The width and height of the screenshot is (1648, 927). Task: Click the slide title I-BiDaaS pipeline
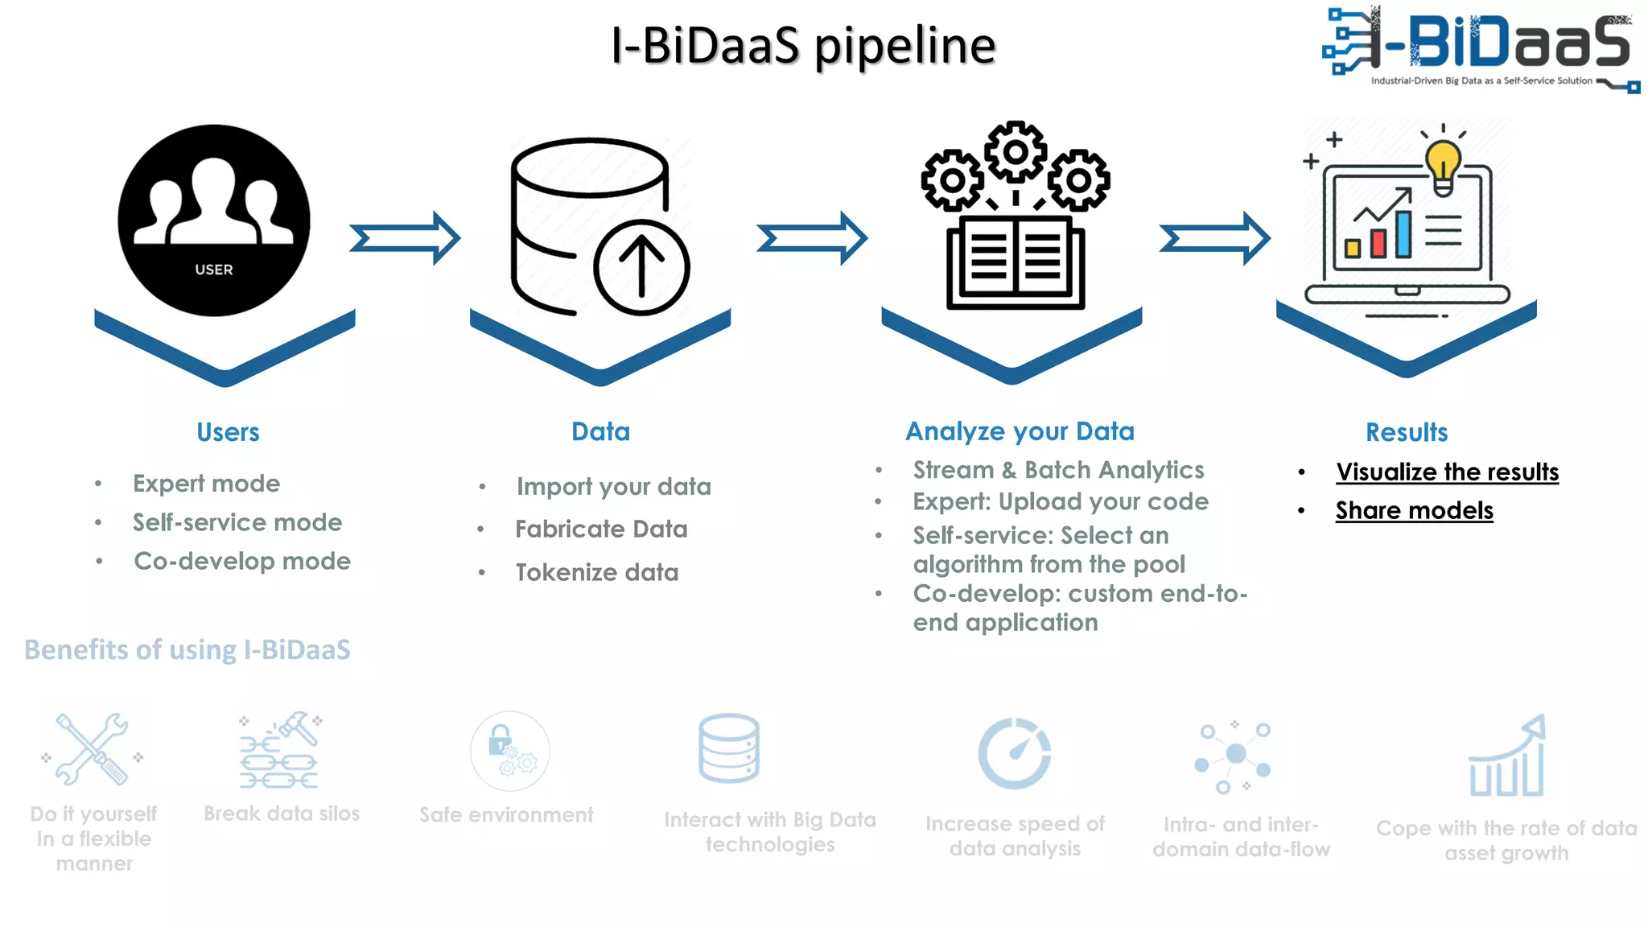coord(803,45)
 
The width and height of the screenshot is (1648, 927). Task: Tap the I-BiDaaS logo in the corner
coord(1479,48)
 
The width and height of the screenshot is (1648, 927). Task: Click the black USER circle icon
coord(214,220)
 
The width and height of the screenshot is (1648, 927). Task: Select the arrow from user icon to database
coord(406,238)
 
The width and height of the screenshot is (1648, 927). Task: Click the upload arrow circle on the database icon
coord(641,267)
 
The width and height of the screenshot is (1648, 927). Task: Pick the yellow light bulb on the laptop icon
coord(1443,165)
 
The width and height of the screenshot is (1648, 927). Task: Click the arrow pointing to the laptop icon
coord(1215,238)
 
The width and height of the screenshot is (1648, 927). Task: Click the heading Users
coord(228,432)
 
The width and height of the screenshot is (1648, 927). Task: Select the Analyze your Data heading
coord(1020,431)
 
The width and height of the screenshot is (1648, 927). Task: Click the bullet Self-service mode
coord(237,522)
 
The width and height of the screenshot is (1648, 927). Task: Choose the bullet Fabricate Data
coord(601,529)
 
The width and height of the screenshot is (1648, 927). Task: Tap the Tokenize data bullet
coord(597,572)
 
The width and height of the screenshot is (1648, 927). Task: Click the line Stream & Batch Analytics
coord(1058,470)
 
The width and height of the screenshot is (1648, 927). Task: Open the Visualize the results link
coord(1447,472)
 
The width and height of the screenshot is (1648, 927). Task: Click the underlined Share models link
coord(1414,510)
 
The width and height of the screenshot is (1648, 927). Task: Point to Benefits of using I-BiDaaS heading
coord(187,649)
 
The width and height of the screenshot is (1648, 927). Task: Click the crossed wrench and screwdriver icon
coord(92,748)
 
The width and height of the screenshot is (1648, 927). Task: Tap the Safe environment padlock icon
coord(509,751)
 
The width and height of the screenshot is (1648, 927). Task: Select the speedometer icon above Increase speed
coord(1014,753)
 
